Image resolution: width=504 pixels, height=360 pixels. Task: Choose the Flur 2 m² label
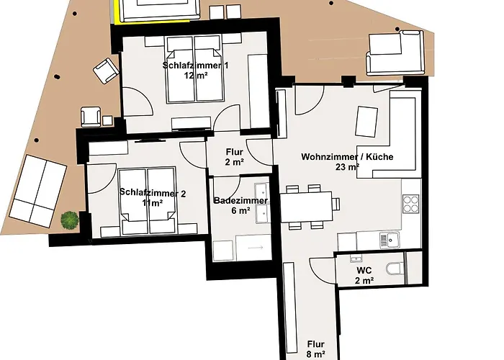[233, 157]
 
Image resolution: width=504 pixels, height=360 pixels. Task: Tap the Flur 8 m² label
[315, 348]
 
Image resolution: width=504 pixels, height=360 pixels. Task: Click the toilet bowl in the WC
[395, 269]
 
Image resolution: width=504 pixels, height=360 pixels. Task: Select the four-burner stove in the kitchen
[410, 204]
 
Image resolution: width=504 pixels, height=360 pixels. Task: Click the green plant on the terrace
[69, 220]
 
